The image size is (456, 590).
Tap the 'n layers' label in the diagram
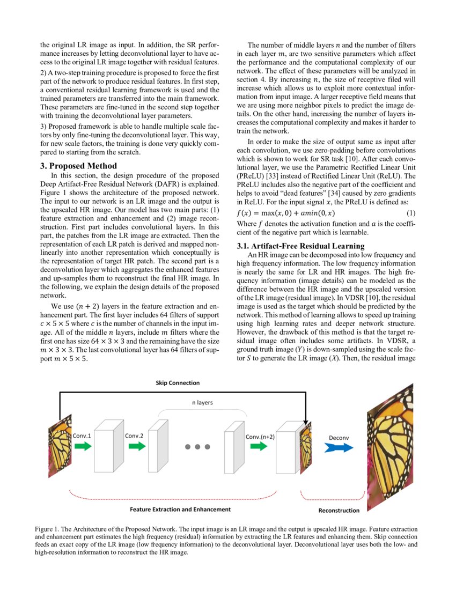click(x=202, y=402)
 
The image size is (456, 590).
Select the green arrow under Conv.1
click(x=83, y=446)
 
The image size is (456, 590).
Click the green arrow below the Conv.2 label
click(x=137, y=446)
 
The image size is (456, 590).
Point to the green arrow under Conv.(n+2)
click(x=259, y=446)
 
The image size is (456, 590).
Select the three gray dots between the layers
click(x=197, y=446)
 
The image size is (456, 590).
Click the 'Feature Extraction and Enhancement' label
click(x=180, y=509)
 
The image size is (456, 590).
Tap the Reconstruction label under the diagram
click(x=339, y=511)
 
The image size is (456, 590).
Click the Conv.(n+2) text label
click(x=260, y=436)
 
